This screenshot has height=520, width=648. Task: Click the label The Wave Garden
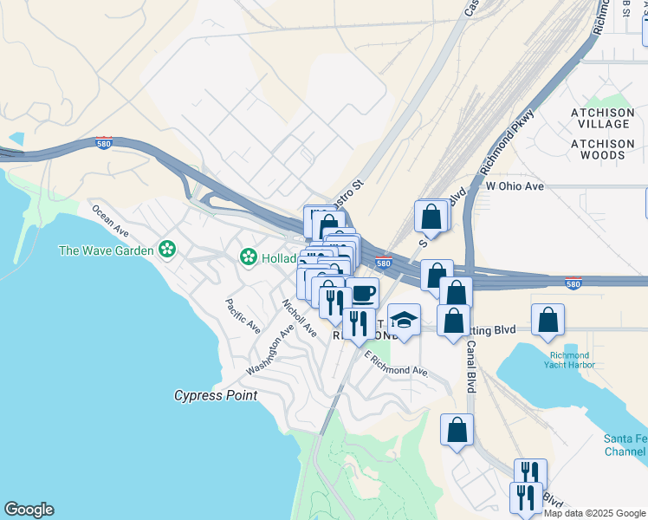(x=105, y=250)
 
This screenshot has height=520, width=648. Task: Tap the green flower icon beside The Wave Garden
(x=167, y=250)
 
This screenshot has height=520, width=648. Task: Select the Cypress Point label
(x=215, y=395)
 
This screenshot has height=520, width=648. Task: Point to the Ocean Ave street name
(x=110, y=221)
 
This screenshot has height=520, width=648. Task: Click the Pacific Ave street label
(x=243, y=316)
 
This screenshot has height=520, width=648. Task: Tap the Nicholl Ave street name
(x=299, y=318)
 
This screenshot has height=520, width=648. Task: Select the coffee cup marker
(x=362, y=293)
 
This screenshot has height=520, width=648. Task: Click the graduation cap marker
(x=404, y=320)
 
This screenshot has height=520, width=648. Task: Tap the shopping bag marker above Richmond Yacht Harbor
(x=548, y=319)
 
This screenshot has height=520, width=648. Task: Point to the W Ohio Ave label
(x=515, y=185)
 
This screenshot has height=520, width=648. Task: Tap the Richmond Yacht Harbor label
(x=569, y=361)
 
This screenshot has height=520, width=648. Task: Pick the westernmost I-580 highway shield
(x=104, y=144)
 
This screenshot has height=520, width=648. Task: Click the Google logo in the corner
(x=29, y=510)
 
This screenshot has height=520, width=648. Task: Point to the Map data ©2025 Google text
(x=594, y=513)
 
